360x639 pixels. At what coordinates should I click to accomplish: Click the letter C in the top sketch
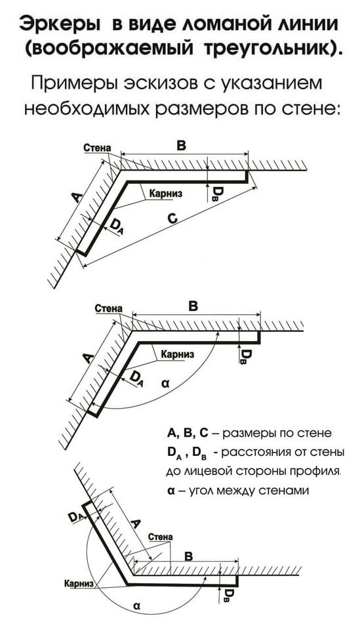[172, 219]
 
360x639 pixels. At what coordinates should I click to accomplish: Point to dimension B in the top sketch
[182, 146]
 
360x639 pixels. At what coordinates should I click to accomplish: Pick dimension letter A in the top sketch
[76, 197]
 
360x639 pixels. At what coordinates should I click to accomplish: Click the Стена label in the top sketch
[97, 148]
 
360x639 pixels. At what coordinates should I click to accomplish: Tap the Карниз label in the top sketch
[166, 193]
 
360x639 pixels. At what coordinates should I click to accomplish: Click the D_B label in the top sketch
[216, 193]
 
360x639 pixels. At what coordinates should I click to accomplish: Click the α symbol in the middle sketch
[165, 384]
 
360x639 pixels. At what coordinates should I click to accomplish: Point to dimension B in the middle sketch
[193, 306]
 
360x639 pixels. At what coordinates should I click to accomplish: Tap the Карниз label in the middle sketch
[177, 354]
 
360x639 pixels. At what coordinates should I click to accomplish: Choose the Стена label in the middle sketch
[108, 308]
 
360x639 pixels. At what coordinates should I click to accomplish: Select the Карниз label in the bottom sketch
[79, 584]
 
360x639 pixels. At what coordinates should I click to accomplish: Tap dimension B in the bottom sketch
[188, 556]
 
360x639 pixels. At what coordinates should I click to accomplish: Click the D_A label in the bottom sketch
[76, 517]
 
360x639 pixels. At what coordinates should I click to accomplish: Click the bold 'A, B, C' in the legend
[188, 433]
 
